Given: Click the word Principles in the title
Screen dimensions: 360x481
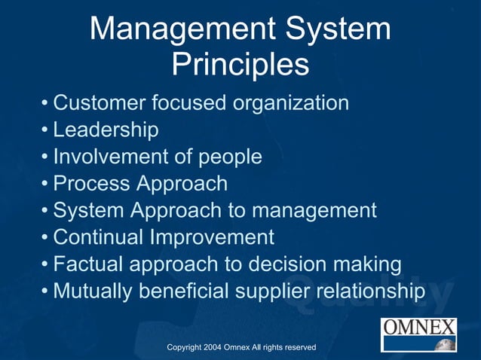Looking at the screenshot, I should (x=240, y=65).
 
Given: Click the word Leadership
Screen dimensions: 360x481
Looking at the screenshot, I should (x=106, y=130).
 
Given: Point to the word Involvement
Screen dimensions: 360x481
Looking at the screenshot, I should (x=110, y=157).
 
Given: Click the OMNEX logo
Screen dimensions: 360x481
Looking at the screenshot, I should (x=419, y=334).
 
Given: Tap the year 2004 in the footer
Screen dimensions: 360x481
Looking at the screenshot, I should (x=212, y=347).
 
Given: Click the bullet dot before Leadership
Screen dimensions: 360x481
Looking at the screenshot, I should (x=46, y=130).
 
